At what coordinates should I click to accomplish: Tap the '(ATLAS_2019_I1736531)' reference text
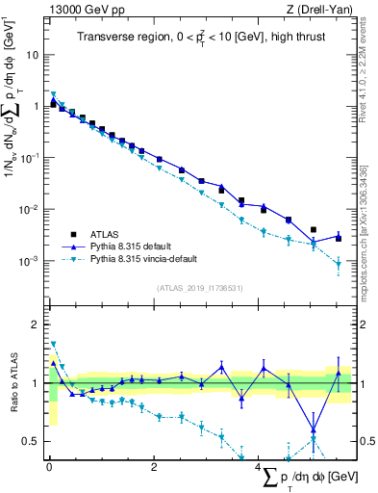(x=201, y=288)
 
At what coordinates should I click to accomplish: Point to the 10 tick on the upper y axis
(x=35, y=54)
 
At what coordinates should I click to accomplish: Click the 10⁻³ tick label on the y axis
(x=31, y=261)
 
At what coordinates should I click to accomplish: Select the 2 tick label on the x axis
(x=154, y=468)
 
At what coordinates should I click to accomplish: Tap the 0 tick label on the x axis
(x=49, y=468)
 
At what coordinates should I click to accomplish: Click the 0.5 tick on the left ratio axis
(x=32, y=441)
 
